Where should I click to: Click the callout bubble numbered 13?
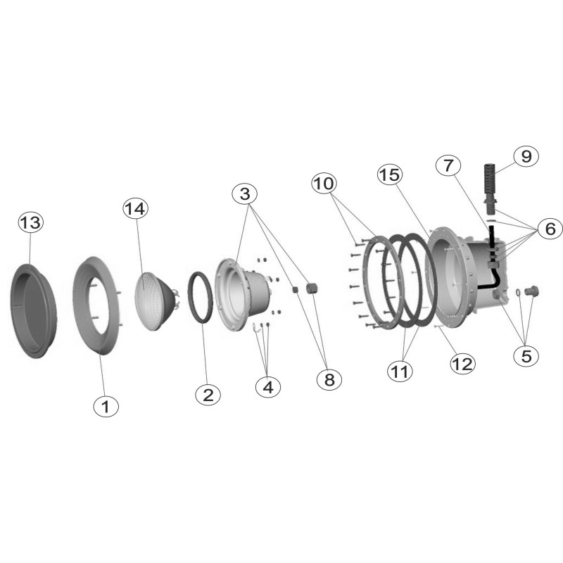click(x=30, y=222)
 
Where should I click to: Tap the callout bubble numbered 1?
click(x=106, y=407)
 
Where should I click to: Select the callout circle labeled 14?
click(x=136, y=208)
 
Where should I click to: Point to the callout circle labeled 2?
click(x=208, y=396)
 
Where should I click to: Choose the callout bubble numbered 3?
click(x=244, y=194)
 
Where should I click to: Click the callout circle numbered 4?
click(x=268, y=387)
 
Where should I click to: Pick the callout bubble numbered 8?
click(x=329, y=379)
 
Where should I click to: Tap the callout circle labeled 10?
click(x=324, y=184)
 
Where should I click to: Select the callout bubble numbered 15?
click(x=390, y=175)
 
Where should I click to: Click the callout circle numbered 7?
click(x=448, y=165)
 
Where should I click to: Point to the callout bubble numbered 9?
click(x=526, y=156)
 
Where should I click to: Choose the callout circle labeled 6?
click(x=550, y=229)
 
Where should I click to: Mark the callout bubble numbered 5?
click(x=526, y=356)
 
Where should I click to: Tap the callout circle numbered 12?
click(x=463, y=364)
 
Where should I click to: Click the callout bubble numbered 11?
click(x=400, y=371)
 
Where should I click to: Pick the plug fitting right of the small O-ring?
click(x=531, y=291)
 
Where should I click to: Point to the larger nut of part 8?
click(x=311, y=288)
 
